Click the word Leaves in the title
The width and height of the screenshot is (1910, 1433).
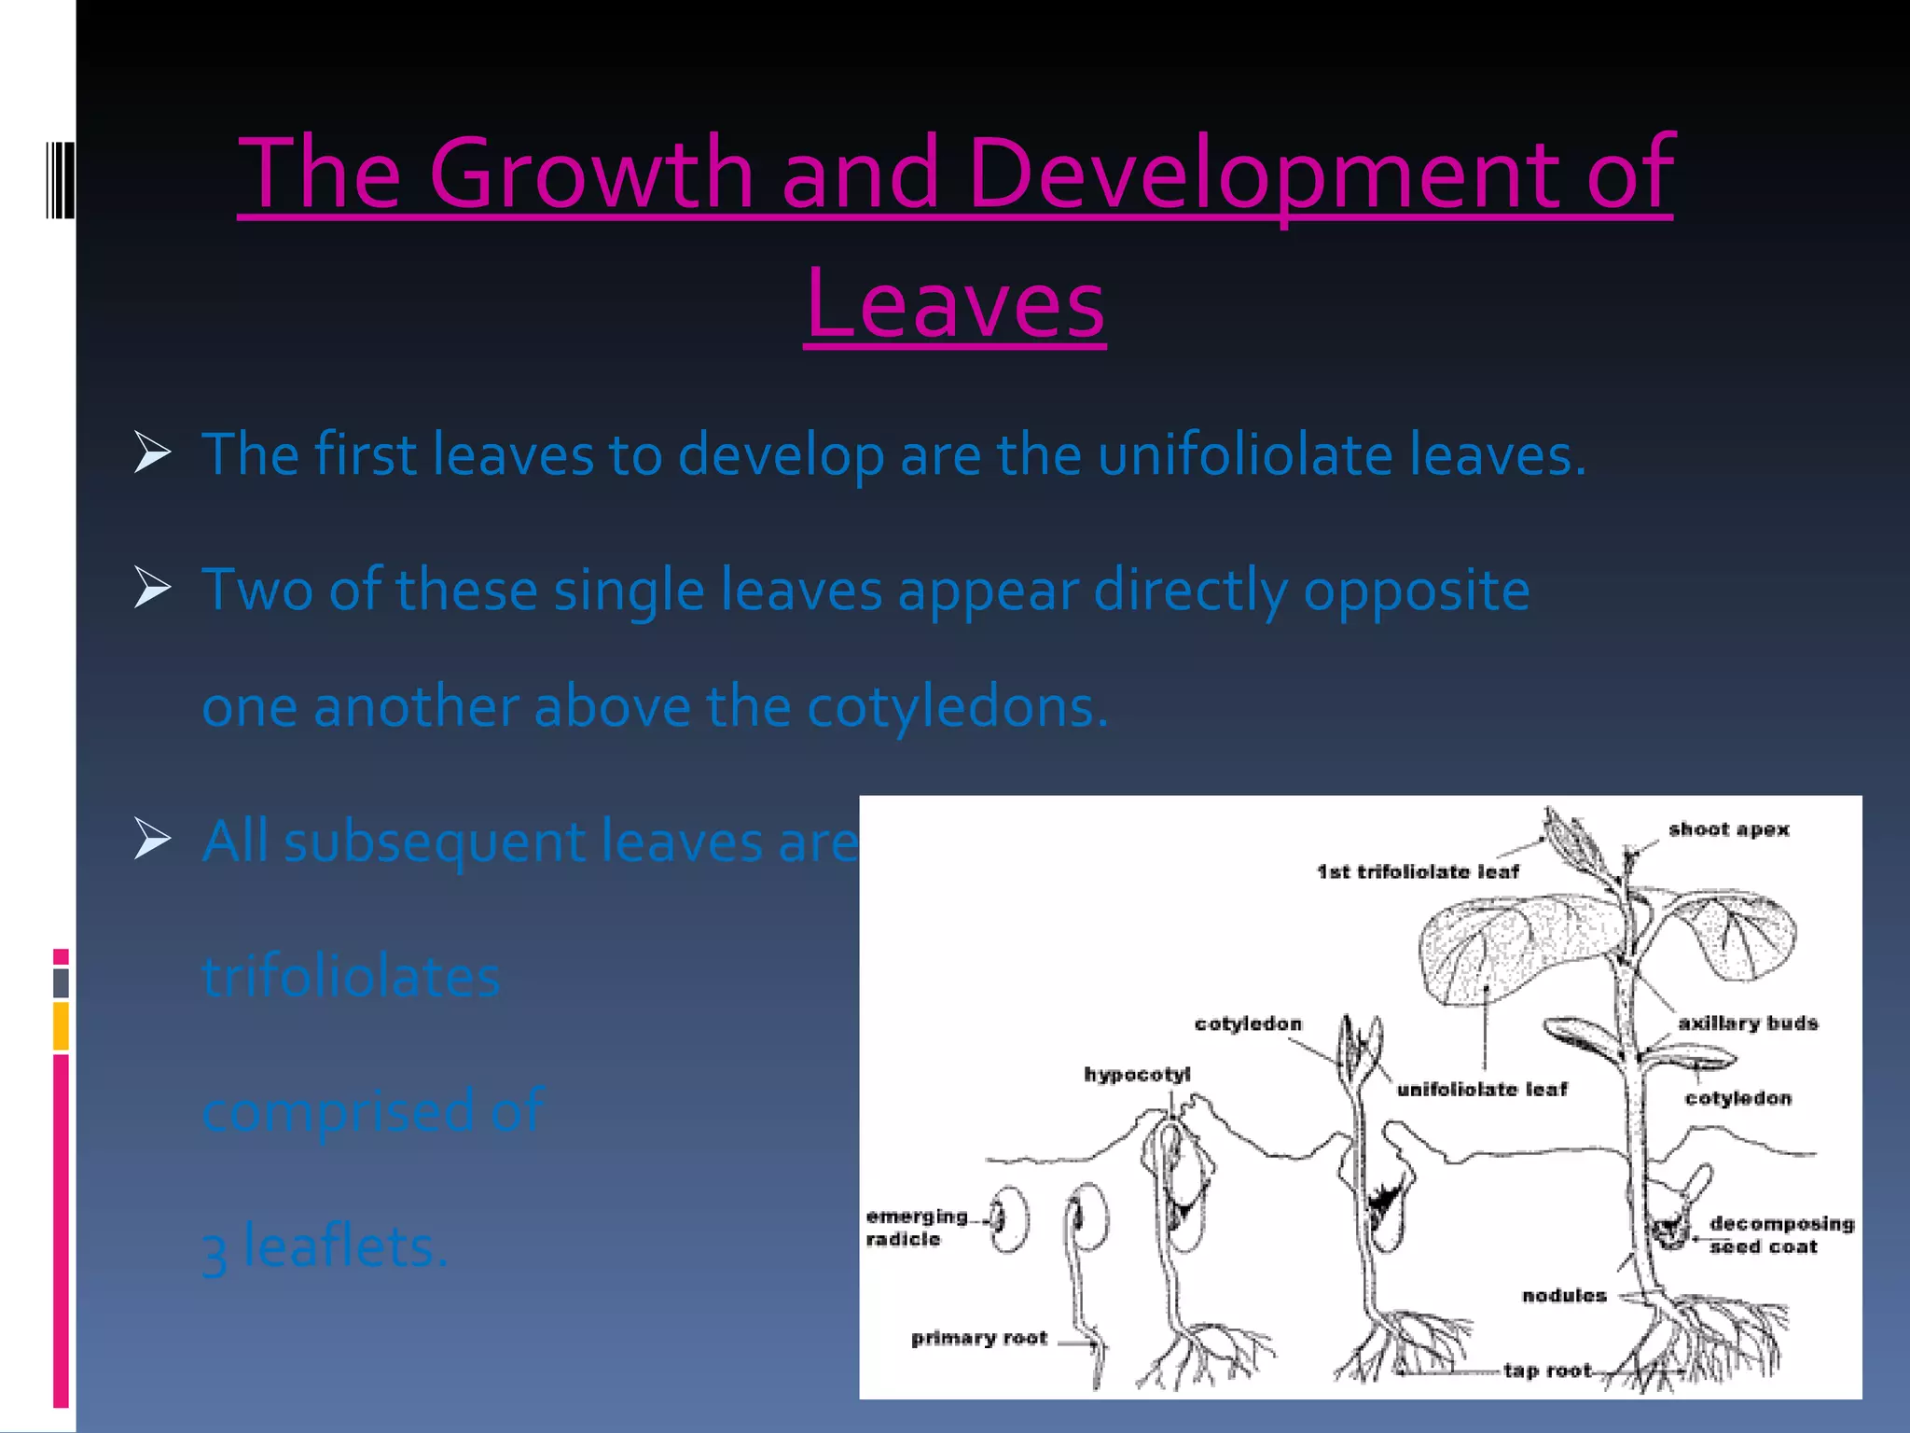click(954, 304)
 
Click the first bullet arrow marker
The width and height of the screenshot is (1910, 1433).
click(152, 452)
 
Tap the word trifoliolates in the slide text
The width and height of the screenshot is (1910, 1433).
click(352, 977)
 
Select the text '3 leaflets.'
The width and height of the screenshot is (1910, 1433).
click(325, 1247)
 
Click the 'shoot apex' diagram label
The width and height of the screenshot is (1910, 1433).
click(1728, 829)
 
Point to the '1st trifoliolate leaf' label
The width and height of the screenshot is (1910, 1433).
click(1418, 871)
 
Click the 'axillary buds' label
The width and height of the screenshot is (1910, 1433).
click(1748, 1023)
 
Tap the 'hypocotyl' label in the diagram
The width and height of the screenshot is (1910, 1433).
click(1137, 1074)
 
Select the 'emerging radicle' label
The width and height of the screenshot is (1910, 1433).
click(915, 1227)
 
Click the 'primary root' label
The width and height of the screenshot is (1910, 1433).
click(979, 1338)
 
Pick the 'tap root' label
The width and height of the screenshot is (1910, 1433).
click(1547, 1370)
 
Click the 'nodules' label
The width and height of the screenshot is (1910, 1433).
click(1564, 1295)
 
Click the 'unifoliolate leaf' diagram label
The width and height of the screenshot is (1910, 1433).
click(1482, 1089)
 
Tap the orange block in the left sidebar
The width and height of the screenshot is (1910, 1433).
click(61, 1026)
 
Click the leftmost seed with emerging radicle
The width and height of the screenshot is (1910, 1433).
click(1010, 1218)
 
